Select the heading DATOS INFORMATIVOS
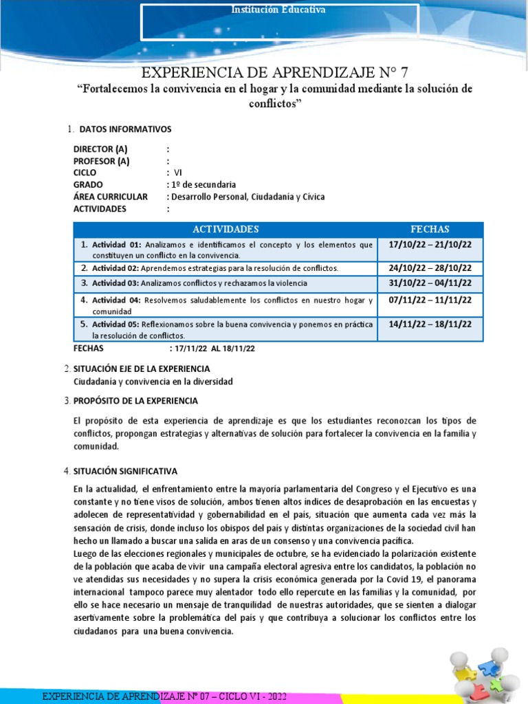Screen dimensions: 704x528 (x=126, y=129)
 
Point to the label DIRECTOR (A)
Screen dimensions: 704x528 (x=100, y=149)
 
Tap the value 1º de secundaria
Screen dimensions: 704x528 (x=203, y=184)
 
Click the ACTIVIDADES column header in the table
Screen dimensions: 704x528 (x=225, y=229)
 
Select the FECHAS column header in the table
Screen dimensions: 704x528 (x=430, y=229)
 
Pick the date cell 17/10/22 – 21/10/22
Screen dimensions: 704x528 (x=430, y=245)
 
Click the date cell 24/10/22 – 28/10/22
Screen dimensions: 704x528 (x=430, y=267)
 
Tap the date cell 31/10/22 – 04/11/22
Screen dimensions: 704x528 (x=430, y=283)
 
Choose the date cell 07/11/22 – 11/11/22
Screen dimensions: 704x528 (x=430, y=301)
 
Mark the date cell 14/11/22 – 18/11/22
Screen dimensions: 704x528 (x=430, y=324)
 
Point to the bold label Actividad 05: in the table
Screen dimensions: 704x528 (x=116, y=324)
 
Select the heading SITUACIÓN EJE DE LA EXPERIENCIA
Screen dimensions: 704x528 (x=142, y=369)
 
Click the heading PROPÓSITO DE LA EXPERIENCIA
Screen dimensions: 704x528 (x=135, y=401)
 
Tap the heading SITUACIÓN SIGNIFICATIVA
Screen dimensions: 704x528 (x=125, y=471)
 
